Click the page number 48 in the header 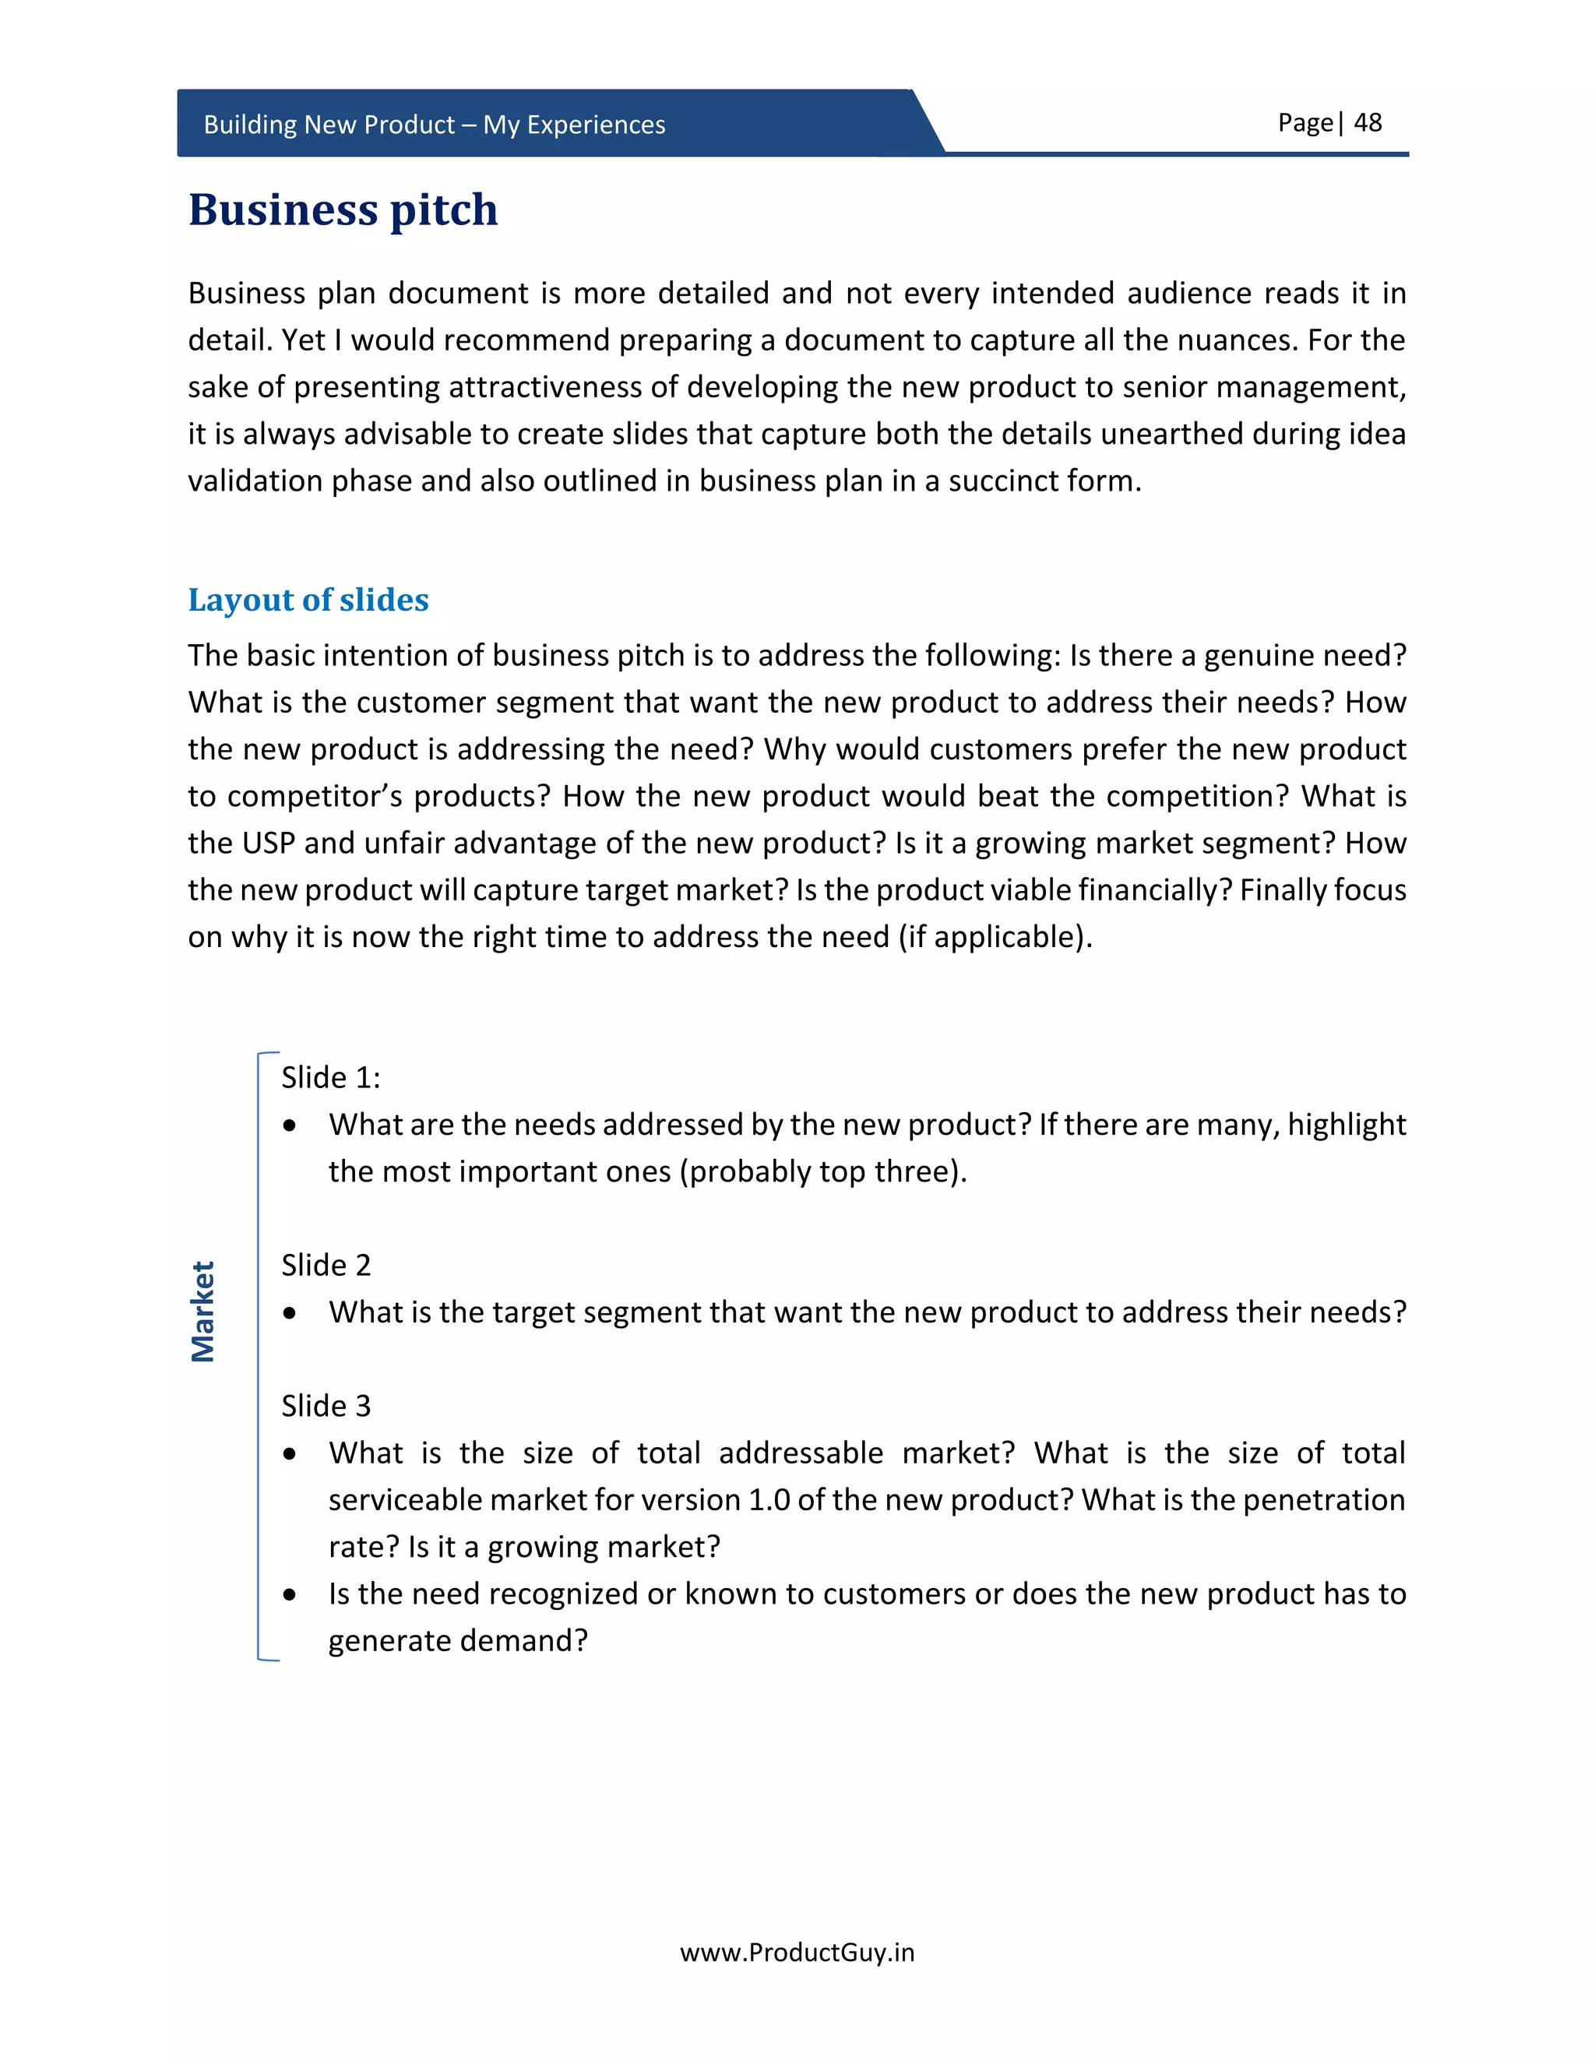pos(1368,123)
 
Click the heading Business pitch pos(343,209)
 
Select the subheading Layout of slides pos(308,599)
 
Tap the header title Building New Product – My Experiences pos(434,125)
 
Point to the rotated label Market pos(203,1311)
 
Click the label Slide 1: pos(331,1077)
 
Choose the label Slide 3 pos(326,1405)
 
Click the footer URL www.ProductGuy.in pos(797,1953)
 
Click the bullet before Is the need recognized pos(290,1595)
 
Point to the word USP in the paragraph pos(269,843)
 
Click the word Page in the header pos(1304,123)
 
